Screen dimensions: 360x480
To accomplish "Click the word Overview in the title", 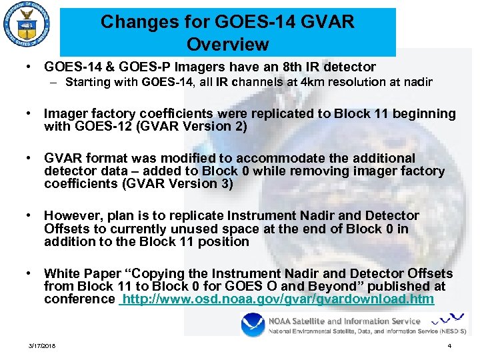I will (x=228, y=45).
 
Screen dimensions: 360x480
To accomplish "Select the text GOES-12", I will (x=110, y=126).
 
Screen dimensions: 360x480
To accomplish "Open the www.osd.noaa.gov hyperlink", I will (x=277, y=299).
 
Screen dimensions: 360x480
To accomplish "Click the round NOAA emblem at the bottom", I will (x=252, y=327).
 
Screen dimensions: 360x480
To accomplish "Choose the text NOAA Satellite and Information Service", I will (x=345, y=321).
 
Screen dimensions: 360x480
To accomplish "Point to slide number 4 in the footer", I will (x=450, y=346).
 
